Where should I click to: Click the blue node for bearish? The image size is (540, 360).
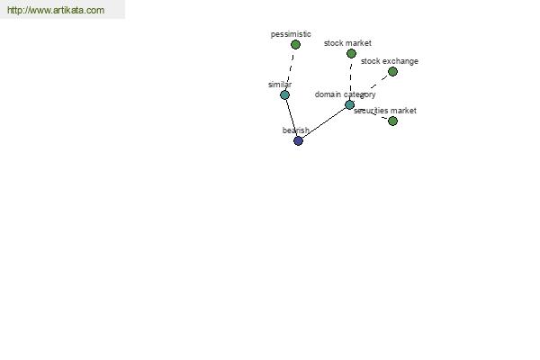coord(298,140)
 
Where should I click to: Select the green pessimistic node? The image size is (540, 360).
coord(295,44)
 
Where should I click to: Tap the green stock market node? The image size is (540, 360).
coord(351,53)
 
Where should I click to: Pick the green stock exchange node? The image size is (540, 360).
coord(392,72)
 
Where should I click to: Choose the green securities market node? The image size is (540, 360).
coord(392,121)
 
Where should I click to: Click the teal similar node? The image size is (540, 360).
coord(284,95)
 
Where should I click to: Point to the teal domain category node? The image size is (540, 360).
coord(349,104)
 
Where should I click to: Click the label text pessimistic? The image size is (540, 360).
coord(291,34)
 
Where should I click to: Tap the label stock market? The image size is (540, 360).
coord(347,43)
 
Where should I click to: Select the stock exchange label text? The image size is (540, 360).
coord(390,61)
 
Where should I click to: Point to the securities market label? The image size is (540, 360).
coord(385,111)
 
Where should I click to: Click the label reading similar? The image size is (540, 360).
coord(280,85)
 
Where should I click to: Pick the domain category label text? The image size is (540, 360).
coord(345,94)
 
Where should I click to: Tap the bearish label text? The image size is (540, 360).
coord(296,130)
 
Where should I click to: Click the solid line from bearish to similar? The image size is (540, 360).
coord(292,118)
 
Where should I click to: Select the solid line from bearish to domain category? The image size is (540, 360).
coord(324,122)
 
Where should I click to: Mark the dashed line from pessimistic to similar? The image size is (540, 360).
coord(290,70)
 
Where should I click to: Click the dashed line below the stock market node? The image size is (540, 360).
coord(351,79)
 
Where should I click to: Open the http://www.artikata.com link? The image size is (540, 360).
coord(56,10)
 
